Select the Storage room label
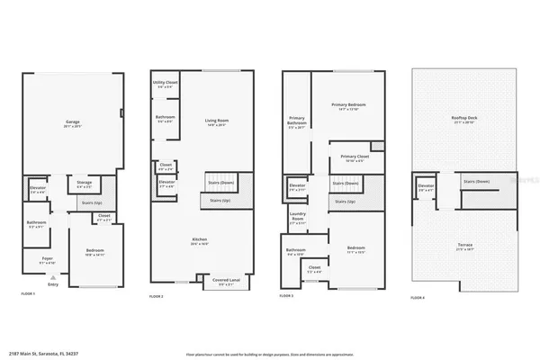pos(84,183)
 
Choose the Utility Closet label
pos(165,83)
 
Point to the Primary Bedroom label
pos(345,105)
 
